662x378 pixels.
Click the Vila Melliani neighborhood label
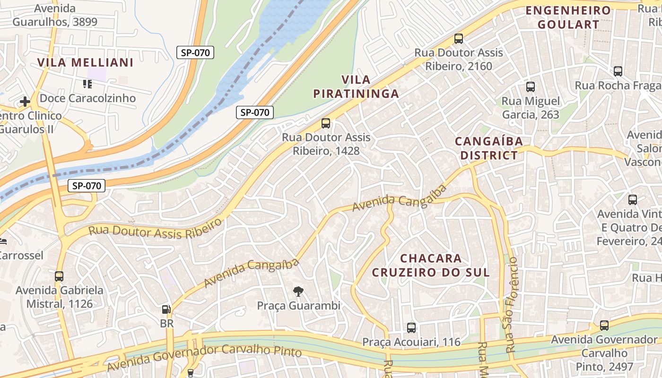pyautogui.click(x=85, y=62)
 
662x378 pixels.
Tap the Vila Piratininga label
pyautogui.click(x=356, y=86)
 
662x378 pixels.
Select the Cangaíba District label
pyautogui.click(x=489, y=148)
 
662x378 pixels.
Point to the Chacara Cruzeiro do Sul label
pyautogui.click(x=431, y=266)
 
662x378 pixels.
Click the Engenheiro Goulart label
pyautogui.click(x=568, y=17)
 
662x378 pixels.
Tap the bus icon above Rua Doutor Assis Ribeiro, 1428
pyautogui.click(x=326, y=123)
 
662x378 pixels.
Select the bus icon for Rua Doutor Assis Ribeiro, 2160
pyautogui.click(x=458, y=39)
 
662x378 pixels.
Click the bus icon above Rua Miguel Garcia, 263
pyautogui.click(x=531, y=87)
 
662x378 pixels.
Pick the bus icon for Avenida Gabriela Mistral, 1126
pyautogui.click(x=59, y=276)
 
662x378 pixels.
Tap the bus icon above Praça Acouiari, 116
pyautogui.click(x=411, y=327)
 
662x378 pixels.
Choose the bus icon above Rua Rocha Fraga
pyautogui.click(x=618, y=71)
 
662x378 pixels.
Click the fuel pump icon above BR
pyautogui.click(x=166, y=309)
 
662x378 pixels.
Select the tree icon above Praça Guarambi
pyautogui.click(x=298, y=292)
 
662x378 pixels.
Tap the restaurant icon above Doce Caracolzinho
pyautogui.click(x=87, y=84)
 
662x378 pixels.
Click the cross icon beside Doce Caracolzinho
pyautogui.click(x=25, y=102)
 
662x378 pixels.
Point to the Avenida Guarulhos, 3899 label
pyautogui.click(x=55, y=15)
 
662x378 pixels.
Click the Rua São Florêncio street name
pyautogui.click(x=512, y=305)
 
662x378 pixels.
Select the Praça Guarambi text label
pyautogui.click(x=298, y=306)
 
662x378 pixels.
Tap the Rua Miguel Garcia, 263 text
pyautogui.click(x=530, y=108)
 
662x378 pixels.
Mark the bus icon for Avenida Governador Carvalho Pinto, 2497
pyautogui.click(x=604, y=326)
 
